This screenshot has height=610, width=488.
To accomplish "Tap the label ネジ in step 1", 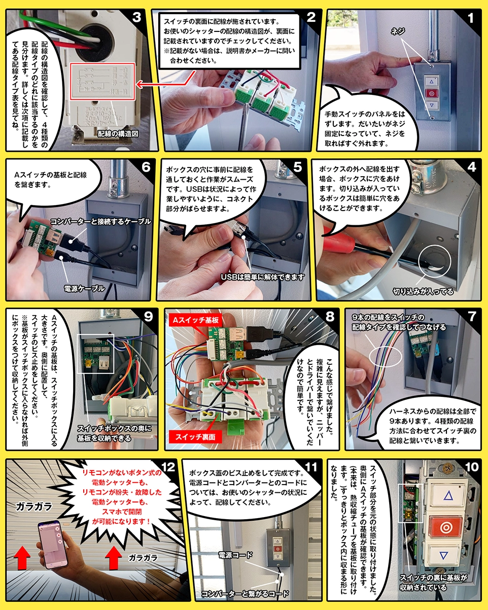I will click(398, 31).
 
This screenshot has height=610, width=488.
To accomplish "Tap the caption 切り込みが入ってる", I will click(423, 291).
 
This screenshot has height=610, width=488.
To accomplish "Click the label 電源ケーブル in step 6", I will click(85, 288).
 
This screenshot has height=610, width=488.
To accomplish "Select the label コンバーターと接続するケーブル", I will click(100, 222).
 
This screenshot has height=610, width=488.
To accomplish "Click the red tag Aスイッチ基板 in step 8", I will click(195, 320).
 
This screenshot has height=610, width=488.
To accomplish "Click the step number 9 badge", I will click(148, 317).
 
